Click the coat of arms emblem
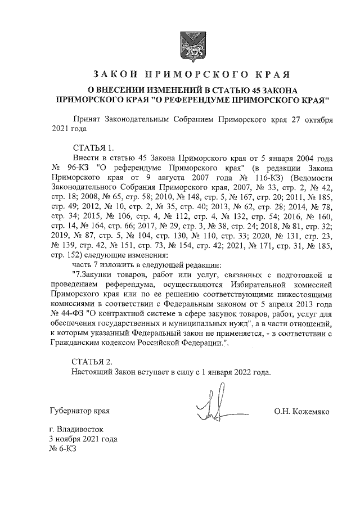(180, 44)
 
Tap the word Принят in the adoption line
(87, 120)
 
